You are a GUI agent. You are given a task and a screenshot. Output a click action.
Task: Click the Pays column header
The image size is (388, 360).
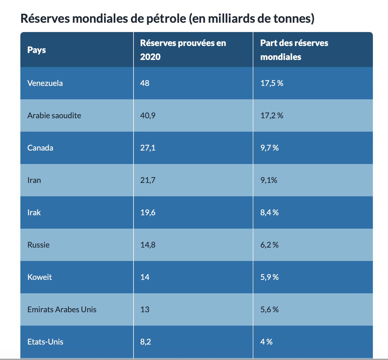tap(37, 50)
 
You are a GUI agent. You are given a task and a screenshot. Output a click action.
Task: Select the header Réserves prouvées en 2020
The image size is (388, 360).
tap(183, 50)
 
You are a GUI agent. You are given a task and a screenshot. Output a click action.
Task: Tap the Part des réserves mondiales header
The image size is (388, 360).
tap(294, 50)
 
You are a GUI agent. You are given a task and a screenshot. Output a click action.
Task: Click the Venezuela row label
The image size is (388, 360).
tap(45, 83)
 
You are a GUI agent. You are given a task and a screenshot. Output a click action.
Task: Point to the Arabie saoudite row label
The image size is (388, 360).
tap(54, 116)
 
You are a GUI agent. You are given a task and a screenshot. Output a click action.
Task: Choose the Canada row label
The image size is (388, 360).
tap(40, 148)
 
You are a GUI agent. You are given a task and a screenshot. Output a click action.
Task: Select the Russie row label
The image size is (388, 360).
tap(38, 245)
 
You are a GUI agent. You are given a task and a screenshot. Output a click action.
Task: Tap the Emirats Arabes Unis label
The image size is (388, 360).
tap(62, 309)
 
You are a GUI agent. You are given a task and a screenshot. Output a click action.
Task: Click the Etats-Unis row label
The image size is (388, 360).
tap(45, 342)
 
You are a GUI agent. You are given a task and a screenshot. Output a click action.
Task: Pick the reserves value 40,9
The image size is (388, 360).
tap(148, 116)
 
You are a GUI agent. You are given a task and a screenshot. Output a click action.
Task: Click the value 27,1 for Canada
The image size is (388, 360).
tap(148, 148)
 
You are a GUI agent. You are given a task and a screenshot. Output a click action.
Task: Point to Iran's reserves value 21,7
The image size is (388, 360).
tap(148, 180)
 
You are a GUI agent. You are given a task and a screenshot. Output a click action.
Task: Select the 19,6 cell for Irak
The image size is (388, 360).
tap(148, 213)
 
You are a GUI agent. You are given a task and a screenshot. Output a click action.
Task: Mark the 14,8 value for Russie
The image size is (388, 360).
tap(148, 245)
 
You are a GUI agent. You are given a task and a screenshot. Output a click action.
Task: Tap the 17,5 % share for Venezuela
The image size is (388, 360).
tap(272, 83)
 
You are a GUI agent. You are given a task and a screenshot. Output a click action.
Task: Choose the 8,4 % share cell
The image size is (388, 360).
tap(269, 213)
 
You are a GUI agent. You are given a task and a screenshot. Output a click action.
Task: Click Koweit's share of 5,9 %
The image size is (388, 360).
tap(269, 277)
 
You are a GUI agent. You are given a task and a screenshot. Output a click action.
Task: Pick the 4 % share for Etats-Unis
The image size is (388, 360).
tap(266, 342)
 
